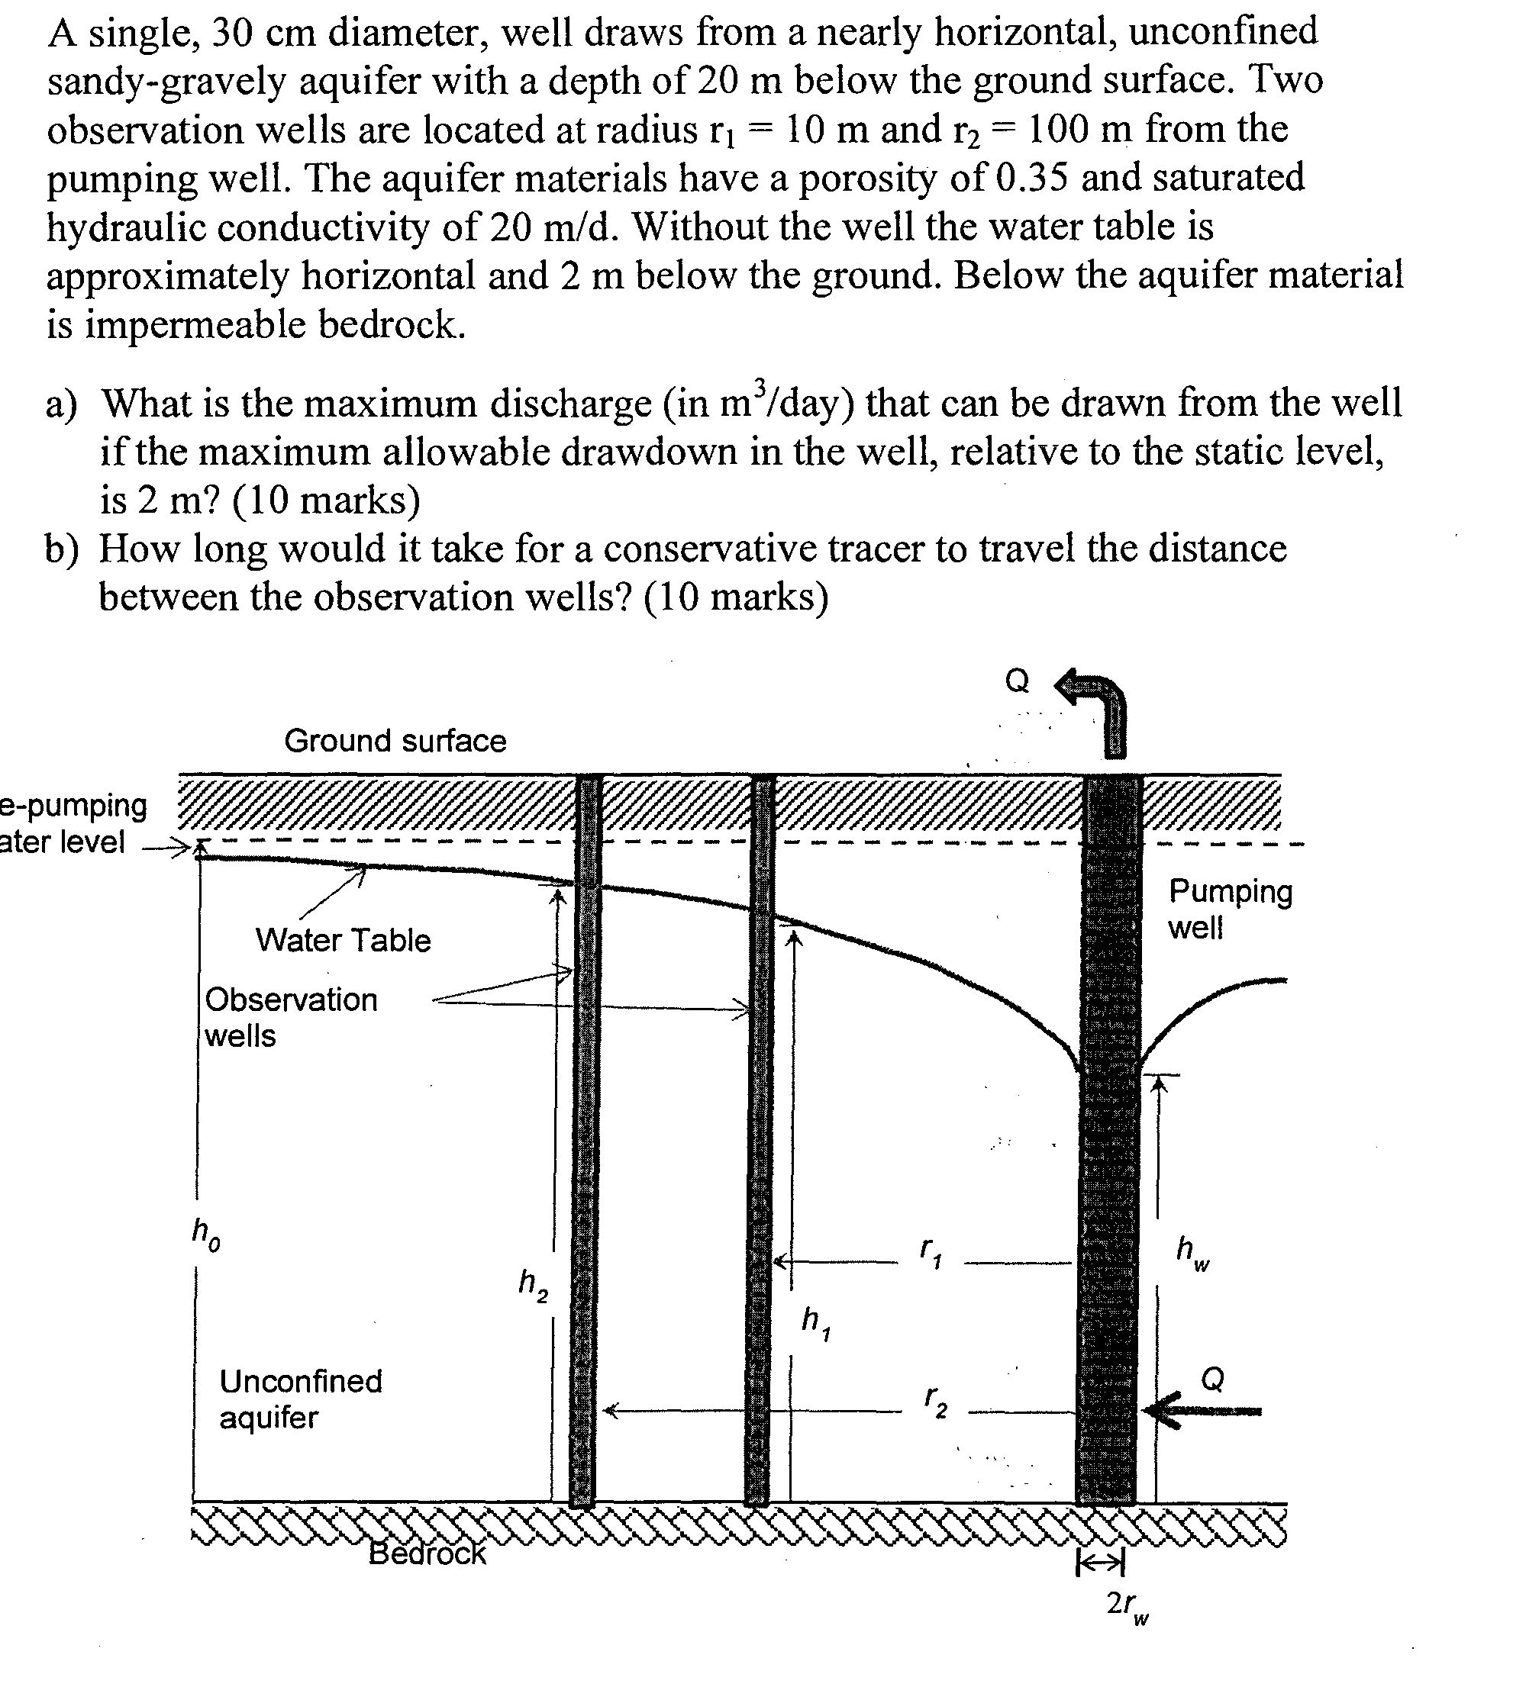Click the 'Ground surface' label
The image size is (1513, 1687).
(395, 740)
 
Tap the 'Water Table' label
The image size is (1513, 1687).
(343, 940)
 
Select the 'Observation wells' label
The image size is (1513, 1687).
(290, 1017)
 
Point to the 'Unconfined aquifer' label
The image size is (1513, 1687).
(300, 1399)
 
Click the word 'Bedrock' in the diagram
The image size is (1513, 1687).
(427, 1553)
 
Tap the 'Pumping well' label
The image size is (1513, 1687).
(1230, 908)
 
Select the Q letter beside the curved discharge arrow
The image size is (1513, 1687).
(1017, 681)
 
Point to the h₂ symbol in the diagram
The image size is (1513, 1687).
(533, 1284)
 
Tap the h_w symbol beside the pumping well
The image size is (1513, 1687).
(1192, 1252)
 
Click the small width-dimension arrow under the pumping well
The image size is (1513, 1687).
(1101, 1565)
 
